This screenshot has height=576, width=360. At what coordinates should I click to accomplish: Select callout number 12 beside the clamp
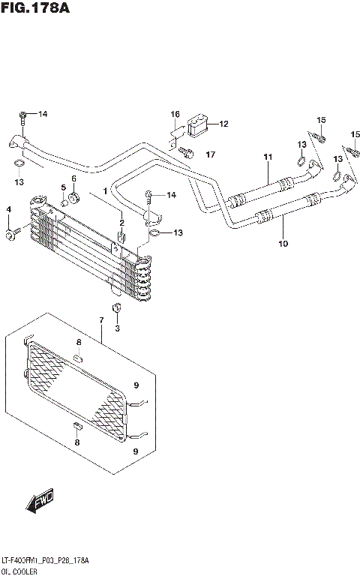(x=223, y=124)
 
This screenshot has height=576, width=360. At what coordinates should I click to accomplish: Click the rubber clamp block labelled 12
(x=199, y=125)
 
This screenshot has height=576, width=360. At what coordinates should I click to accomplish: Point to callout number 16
(x=175, y=115)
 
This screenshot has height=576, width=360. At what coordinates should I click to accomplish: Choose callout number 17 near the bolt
(x=211, y=154)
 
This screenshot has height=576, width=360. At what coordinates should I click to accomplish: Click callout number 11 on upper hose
(x=267, y=156)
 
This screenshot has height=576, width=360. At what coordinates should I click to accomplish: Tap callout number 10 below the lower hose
(x=283, y=243)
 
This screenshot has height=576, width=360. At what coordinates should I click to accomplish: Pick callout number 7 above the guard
(x=100, y=322)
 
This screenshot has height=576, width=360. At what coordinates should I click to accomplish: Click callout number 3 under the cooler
(x=117, y=327)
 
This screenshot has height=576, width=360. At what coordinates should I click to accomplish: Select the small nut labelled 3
(x=117, y=309)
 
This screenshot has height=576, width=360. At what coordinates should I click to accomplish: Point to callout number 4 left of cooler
(x=9, y=208)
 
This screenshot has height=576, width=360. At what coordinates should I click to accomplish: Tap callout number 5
(x=64, y=187)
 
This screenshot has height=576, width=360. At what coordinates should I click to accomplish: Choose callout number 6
(x=74, y=178)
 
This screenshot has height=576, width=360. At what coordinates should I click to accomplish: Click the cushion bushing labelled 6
(x=74, y=199)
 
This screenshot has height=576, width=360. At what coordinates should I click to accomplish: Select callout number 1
(x=106, y=191)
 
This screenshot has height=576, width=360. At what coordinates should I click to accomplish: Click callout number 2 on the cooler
(x=121, y=223)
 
